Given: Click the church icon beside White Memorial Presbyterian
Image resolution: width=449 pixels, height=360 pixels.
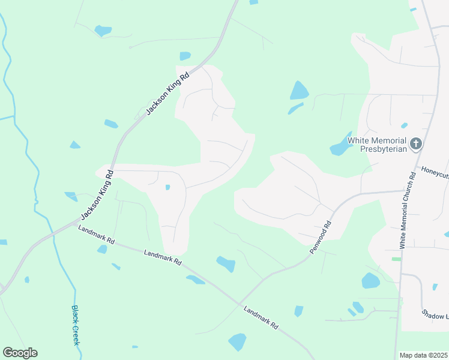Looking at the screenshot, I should [416, 144].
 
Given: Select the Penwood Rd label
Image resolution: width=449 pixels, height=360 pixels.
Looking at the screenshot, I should [321, 238].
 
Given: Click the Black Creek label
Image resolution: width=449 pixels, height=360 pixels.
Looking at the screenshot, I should [76, 325].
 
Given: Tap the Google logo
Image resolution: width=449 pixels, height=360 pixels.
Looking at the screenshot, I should [20, 353].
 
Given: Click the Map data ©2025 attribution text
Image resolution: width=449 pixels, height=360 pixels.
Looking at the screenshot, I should [423, 355].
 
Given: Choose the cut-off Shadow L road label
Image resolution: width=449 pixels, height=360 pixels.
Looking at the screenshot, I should [435, 314].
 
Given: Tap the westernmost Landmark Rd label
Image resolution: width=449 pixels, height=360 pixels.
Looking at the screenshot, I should [96, 235].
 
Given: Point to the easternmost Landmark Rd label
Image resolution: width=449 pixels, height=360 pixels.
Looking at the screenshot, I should [261, 317].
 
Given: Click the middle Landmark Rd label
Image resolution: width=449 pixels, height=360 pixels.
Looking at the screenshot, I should [163, 257].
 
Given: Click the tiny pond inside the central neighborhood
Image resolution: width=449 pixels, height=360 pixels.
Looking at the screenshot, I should [167, 187].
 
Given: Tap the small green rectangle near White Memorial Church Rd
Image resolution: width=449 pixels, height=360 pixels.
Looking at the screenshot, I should [396, 259].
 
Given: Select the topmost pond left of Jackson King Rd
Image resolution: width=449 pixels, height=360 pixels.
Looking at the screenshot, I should [103, 29].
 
